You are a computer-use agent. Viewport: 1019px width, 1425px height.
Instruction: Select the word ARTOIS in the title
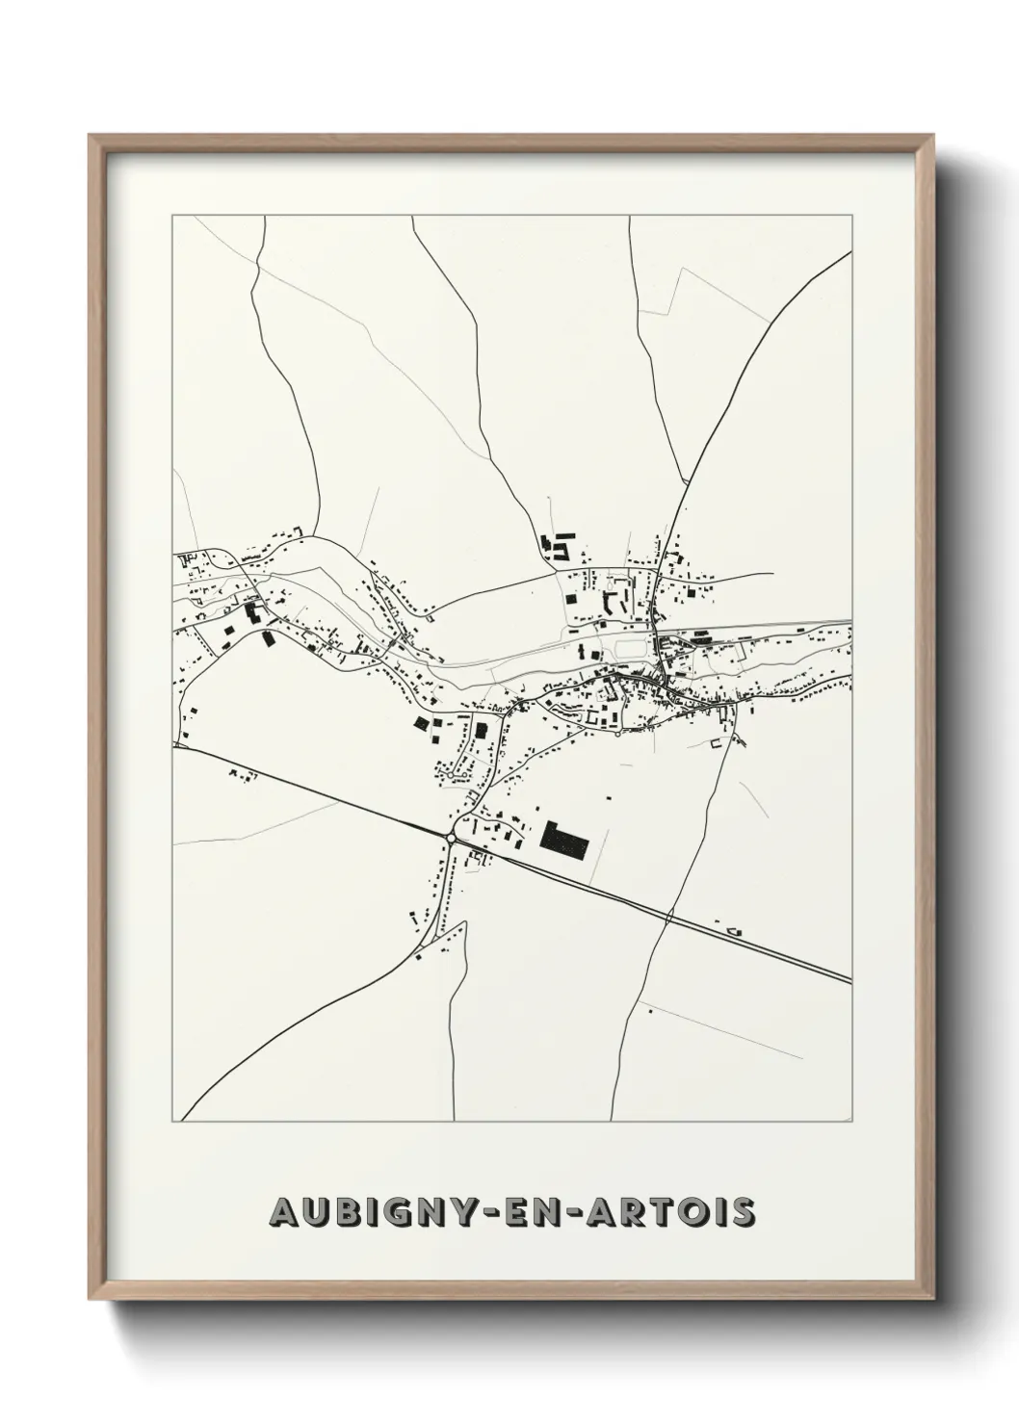pos(679,1213)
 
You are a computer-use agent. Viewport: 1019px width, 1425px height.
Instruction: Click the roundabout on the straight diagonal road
pos(451,839)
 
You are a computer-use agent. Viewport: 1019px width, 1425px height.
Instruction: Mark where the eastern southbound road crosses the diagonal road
pos(668,917)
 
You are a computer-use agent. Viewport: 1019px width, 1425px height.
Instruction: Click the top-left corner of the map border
pos(172,217)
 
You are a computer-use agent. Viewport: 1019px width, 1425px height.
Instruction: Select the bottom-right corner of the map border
pos(852,1122)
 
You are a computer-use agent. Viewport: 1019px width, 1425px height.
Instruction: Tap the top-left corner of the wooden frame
pos(90,135)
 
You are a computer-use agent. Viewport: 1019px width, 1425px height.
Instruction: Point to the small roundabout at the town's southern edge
pos(617,736)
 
